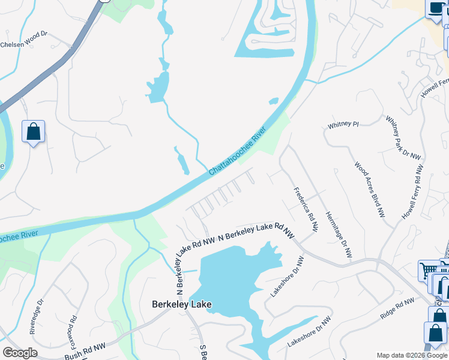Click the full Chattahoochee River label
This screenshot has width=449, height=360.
(237, 154)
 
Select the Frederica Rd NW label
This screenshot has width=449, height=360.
(306, 210)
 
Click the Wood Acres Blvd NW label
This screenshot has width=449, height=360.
(369, 190)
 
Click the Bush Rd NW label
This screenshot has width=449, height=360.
(85, 347)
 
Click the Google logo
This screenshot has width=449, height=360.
(20, 353)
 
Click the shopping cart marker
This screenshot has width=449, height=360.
(429, 271)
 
